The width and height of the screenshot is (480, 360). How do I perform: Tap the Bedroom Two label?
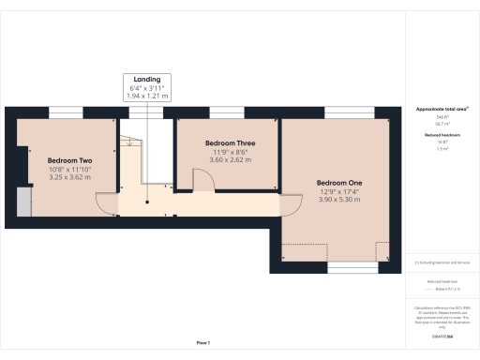point(67,160)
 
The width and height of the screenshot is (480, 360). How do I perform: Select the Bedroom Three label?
point(231,142)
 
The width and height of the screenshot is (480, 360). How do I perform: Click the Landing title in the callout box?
point(146,79)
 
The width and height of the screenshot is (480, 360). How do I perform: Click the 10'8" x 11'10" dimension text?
point(67,169)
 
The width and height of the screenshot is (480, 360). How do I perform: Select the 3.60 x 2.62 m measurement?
point(231,159)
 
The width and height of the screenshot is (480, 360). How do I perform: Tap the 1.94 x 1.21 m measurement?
point(146,96)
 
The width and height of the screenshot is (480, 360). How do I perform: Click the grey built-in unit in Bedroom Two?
point(23,202)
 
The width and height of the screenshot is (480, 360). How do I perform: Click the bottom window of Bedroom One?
point(338,270)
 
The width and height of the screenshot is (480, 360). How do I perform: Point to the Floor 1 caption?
point(202,344)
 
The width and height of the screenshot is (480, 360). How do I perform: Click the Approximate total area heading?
point(441,109)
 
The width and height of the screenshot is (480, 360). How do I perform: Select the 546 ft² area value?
point(441,116)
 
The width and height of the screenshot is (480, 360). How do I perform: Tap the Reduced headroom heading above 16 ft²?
point(441,134)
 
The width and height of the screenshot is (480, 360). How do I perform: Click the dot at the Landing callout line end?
point(146,201)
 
